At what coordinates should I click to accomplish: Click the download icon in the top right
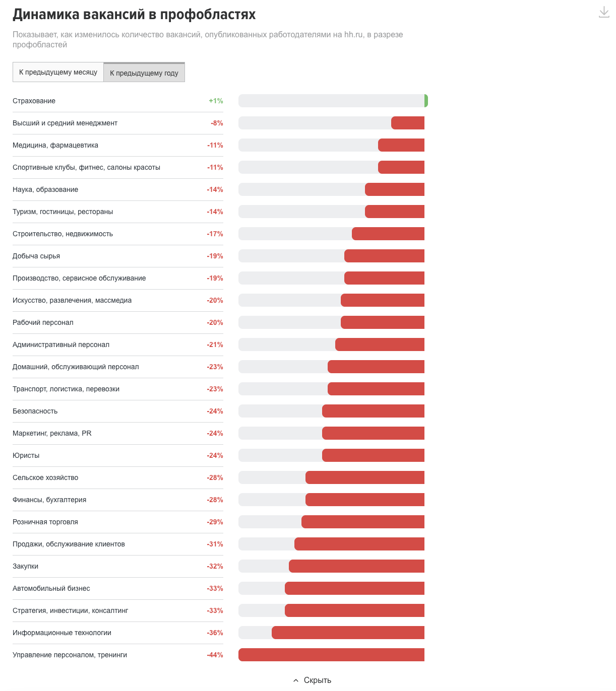(x=603, y=12)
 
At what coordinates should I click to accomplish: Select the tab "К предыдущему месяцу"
(x=58, y=72)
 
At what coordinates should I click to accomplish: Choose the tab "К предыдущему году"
(x=144, y=73)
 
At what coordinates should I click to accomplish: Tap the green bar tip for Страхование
(x=426, y=101)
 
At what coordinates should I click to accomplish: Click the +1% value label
(x=216, y=101)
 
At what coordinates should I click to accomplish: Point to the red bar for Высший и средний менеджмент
(x=408, y=123)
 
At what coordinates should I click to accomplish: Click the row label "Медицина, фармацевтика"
(x=55, y=145)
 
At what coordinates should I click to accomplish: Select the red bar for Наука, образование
(x=395, y=189)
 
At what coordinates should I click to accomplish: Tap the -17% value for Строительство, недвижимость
(x=215, y=234)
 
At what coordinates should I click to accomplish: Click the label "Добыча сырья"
(x=36, y=256)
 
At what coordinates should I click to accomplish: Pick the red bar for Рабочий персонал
(x=383, y=322)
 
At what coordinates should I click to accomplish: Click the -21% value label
(x=215, y=344)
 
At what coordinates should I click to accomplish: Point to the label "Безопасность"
(x=35, y=411)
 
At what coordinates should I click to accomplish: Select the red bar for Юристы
(x=373, y=455)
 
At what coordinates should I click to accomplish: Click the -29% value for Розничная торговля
(x=215, y=522)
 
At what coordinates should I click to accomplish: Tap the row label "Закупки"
(x=26, y=566)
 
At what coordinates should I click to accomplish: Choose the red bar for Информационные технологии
(x=348, y=633)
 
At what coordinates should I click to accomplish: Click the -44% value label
(x=215, y=655)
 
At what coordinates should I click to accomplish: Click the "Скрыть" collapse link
(x=317, y=680)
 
